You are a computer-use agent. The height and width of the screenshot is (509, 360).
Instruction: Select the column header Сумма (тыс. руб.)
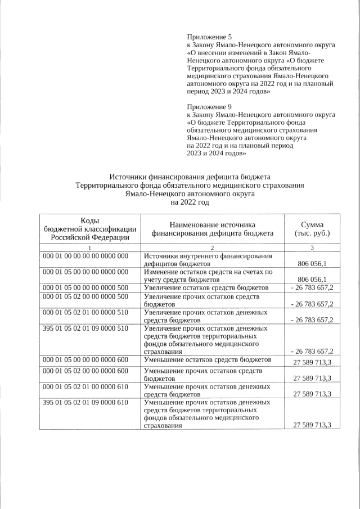click(x=312, y=229)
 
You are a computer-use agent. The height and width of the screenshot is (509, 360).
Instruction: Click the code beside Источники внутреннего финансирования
click(x=85, y=256)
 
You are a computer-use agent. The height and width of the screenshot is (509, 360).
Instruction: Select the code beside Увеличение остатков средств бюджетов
click(x=85, y=287)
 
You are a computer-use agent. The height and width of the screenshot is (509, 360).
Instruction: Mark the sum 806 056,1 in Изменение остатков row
click(x=313, y=279)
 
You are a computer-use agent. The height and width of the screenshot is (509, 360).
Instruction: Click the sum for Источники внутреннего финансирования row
click(x=313, y=263)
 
